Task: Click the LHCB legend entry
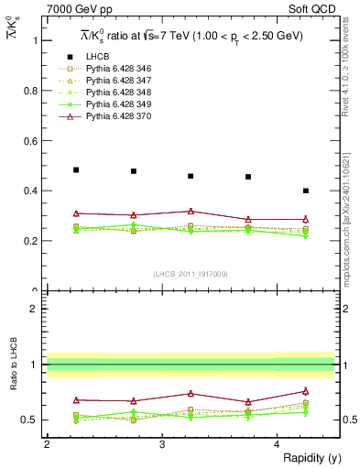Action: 99,58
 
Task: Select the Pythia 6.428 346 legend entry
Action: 112,70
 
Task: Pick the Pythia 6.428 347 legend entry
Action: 112,82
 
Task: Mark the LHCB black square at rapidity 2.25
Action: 76,169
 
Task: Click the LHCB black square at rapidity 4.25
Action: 306,191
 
